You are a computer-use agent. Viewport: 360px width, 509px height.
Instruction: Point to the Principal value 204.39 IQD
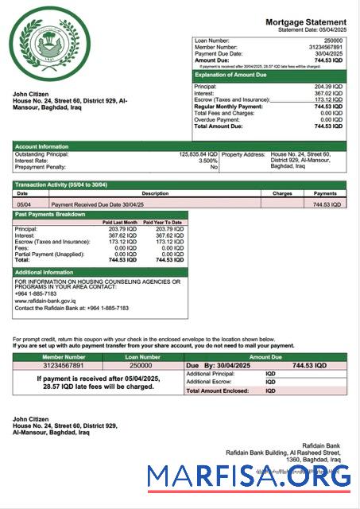pyautogui.click(x=327, y=86)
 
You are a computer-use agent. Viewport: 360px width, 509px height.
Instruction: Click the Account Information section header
pyautogui.click(x=42, y=146)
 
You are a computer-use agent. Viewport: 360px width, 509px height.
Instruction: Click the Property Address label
pyautogui.click(x=243, y=154)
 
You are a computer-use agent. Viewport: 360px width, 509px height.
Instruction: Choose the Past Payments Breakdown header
pyautogui.click(x=50, y=215)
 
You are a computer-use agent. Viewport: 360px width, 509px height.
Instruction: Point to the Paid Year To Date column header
pyautogui.click(x=164, y=222)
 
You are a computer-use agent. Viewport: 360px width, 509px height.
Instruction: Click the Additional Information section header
pyautogui.click(x=47, y=272)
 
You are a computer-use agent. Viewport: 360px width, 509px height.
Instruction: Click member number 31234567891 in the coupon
pyautogui.click(x=64, y=365)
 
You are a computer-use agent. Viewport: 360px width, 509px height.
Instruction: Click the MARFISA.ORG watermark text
pyautogui.click(x=249, y=477)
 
